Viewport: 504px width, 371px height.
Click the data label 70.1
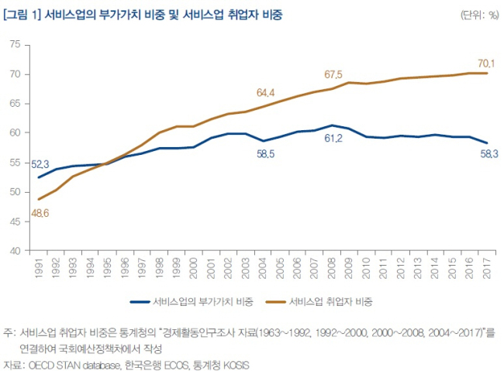(486, 64)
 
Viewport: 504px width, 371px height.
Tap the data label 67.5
(333, 74)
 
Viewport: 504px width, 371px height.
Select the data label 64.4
(265, 93)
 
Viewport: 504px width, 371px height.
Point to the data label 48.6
(40, 213)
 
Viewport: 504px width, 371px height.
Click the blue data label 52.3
(40, 164)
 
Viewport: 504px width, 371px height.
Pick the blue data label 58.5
(265, 154)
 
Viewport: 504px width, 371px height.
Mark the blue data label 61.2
(333, 138)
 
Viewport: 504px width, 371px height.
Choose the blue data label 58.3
(489, 154)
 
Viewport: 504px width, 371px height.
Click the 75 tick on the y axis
(15, 44)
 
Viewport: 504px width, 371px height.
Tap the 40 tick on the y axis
(15, 251)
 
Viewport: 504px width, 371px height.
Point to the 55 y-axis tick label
(15, 163)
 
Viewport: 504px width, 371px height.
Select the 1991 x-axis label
(39, 268)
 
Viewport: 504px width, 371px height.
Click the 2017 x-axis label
(487, 268)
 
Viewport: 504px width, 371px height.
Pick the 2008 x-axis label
(331, 268)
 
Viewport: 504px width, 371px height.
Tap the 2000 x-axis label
(194, 268)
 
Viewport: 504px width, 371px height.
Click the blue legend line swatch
(140, 301)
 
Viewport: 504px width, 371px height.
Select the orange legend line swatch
(276, 301)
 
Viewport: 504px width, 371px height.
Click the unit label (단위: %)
(479, 15)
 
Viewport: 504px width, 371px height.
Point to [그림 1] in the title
(22, 15)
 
